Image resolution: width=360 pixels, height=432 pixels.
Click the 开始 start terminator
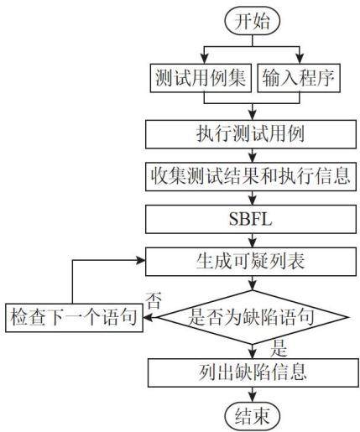253,21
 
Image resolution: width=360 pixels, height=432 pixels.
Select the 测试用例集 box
201,78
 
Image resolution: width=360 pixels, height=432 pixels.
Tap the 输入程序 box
299,78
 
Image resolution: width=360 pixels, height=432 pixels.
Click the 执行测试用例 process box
251,134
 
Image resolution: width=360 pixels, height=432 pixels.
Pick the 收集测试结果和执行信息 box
251,177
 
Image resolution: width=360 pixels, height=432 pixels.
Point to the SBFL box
251,219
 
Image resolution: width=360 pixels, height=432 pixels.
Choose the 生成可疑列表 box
251,262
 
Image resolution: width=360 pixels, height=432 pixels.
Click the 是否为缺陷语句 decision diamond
253,317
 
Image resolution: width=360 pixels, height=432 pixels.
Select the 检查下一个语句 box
74,318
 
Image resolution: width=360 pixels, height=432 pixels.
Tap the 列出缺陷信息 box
253,373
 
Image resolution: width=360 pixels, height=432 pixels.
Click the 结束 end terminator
253,416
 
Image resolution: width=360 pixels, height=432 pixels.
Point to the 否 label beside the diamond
154,300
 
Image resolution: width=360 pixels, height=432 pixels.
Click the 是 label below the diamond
279,348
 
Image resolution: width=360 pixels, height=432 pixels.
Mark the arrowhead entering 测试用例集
205,60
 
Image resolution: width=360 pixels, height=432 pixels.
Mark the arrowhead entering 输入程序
300,60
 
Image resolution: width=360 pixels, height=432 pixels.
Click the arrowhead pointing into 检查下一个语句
149,317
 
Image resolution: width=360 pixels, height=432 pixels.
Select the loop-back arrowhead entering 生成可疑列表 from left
140,261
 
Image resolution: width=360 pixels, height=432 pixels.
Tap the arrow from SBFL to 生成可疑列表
253,240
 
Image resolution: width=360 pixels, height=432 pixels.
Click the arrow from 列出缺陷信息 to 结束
253,394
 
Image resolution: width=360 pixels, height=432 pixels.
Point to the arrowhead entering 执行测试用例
253,115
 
